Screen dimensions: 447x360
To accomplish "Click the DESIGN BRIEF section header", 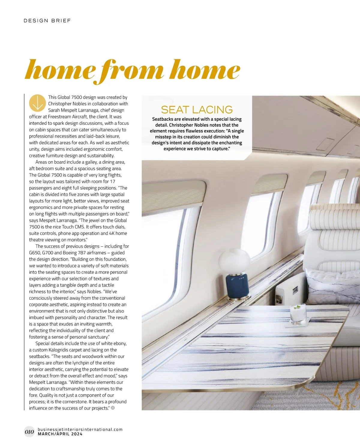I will pyautogui.click(x=47, y=21).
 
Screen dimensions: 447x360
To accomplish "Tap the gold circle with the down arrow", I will pyautogui.click(x=37, y=103).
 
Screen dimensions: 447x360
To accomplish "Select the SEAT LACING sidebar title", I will pyautogui.click(x=197, y=110).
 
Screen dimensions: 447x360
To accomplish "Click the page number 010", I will pyautogui.click(x=29, y=432).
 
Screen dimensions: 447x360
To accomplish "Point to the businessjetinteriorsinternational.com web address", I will pyautogui.click(x=80, y=429).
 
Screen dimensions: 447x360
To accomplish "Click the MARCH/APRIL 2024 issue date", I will pyautogui.click(x=60, y=434).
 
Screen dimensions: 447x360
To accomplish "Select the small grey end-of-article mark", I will pyautogui.click(x=113, y=408).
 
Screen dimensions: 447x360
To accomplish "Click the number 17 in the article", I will pyautogui.click(x=112, y=181).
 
